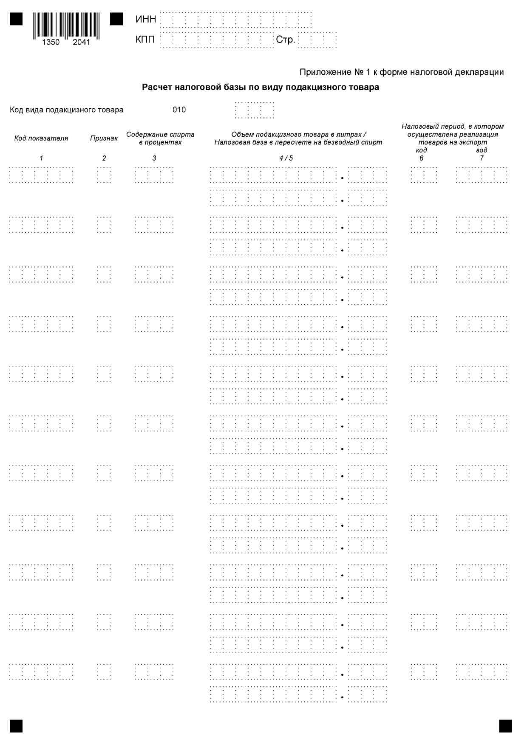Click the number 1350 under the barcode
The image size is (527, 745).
coord(51,42)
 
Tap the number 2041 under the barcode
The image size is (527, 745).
coord(81,42)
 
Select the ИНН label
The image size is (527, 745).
coord(146,20)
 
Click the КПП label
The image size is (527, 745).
coord(145,40)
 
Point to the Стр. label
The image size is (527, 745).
coord(285,40)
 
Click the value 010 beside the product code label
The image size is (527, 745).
coord(179,110)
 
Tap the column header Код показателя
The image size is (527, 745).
coord(41,138)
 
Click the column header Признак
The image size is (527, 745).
coord(104,138)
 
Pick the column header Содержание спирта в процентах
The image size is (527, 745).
coord(160,138)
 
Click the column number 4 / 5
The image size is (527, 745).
coord(286,158)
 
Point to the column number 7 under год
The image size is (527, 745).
coord(482,158)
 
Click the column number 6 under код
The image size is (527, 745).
coord(421,158)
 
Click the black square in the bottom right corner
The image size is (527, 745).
coord(505,726)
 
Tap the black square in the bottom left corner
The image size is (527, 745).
coord(16,726)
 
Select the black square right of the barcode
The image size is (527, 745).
coord(116,19)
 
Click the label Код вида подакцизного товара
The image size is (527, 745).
coord(67,110)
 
